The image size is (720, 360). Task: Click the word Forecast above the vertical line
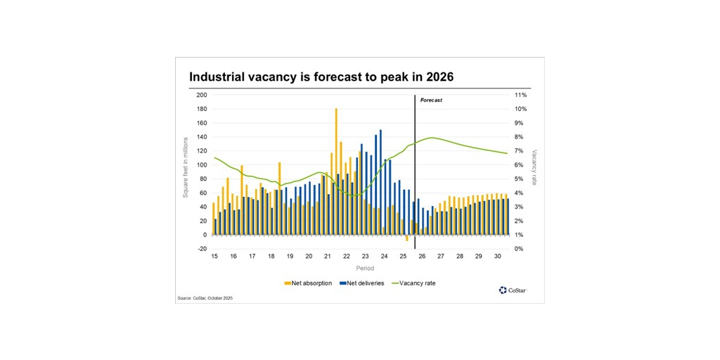pyautogui.click(x=431, y=101)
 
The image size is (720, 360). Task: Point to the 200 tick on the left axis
pyautogui.click(x=202, y=95)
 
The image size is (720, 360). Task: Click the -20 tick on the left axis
pyautogui.click(x=202, y=249)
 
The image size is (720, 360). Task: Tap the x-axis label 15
pyautogui.click(x=214, y=257)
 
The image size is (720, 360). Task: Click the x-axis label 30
pyautogui.click(x=497, y=257)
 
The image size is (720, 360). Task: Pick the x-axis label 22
pyautogui.click(x=346, y=257)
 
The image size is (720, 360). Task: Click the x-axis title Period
pyautogui.click(x=364, y=268)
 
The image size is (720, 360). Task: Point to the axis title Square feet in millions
pyautogui.click(x=186, y=167)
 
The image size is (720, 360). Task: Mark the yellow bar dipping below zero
pyautogui.click(x=406, y=238)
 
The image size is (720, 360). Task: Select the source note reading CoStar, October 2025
pyautogui.click(x=205, y=298)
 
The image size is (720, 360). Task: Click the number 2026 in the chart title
pyautogui.click(x=437, y=77)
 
